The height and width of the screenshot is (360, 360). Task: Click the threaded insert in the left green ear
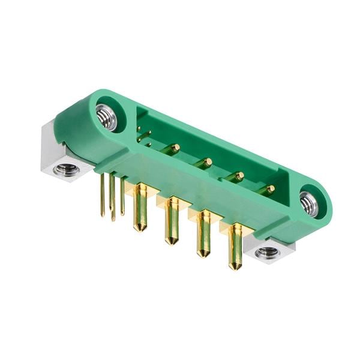tap(106, 118)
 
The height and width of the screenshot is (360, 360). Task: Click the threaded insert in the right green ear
tap(308, 204)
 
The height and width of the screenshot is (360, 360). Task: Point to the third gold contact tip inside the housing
tap(239, 175)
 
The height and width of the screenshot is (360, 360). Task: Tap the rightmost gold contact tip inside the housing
tap(270, 189)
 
